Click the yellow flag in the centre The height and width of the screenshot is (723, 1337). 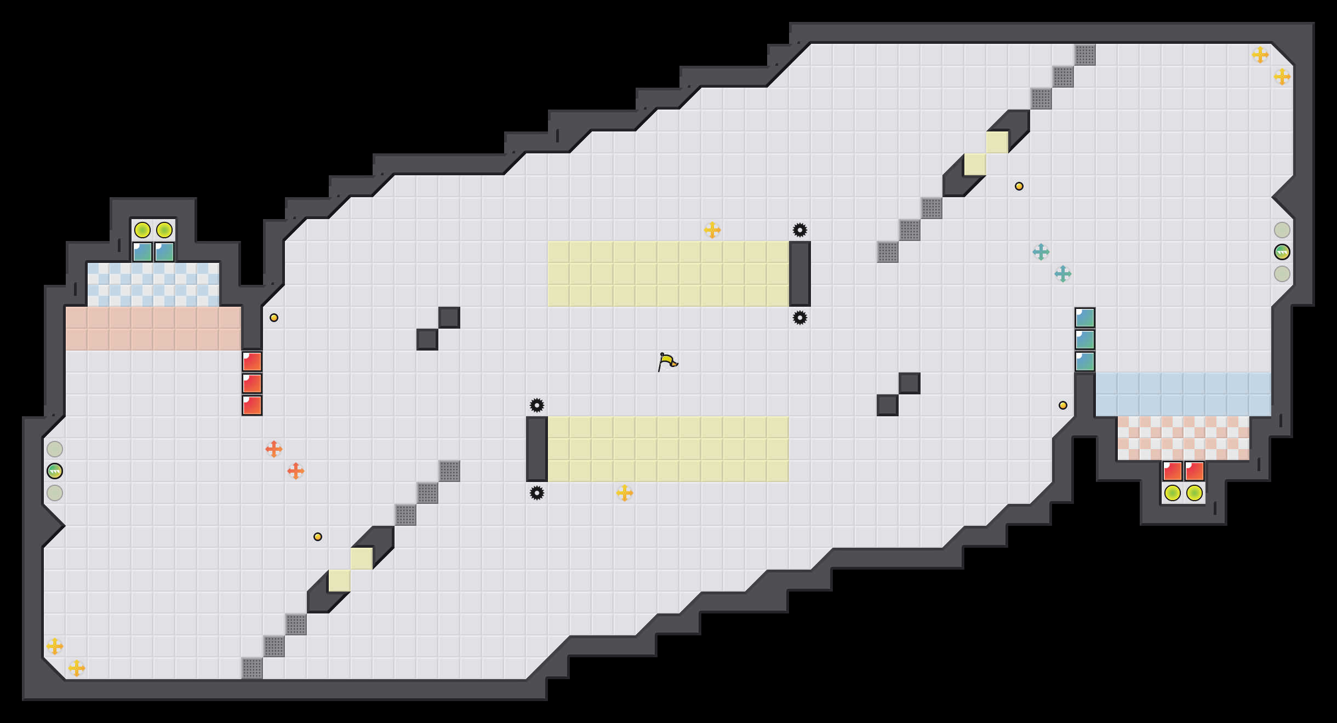pos(667,361)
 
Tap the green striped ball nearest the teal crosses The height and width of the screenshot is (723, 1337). pos(1282,252)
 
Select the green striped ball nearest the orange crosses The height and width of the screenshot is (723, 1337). pos(55,471)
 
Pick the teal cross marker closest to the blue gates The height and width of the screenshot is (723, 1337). pos(1062,274)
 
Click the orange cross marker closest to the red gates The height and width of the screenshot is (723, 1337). pos(274,449)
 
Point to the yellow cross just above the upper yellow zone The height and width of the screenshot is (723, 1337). pos(712,230)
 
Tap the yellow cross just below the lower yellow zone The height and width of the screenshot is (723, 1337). pos(624,493)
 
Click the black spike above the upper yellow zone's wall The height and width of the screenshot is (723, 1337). pos(799,230)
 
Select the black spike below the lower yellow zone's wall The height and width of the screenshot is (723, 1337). pos(536,493)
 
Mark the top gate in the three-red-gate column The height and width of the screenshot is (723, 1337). pos(252,361)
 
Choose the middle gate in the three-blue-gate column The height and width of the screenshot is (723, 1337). pos(1084,340)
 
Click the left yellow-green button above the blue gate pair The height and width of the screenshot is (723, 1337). pos(142,230)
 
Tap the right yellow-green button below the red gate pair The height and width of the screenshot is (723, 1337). pos(1194,493)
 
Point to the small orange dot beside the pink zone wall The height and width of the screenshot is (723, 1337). pos(274,318)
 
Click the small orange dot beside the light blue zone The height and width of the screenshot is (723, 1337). pos(1062,405)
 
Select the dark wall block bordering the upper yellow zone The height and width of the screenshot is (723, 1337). pos(799,274)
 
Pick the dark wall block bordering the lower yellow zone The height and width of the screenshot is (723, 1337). pos(536,449)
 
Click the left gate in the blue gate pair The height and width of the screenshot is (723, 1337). pos(142,252)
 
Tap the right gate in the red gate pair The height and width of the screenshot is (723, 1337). pos(1194,471)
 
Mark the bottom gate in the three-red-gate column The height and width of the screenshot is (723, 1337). pos(252,405)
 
